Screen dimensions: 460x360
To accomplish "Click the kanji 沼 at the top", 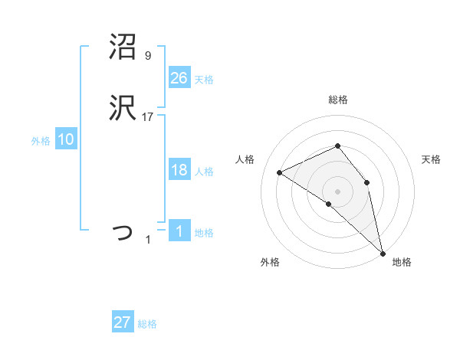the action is (x=122, y=47).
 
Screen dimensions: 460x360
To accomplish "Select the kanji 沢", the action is (x=122, y=110).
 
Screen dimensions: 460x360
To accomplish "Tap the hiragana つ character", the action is (x=123, y=231).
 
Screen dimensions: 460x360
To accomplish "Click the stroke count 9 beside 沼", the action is (x=147, y=56).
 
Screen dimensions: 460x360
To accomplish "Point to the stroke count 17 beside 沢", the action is (x=148, y=117).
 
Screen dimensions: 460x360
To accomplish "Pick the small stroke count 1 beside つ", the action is (x=148, y=240).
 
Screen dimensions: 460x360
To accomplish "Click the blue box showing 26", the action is (x=179, y=77).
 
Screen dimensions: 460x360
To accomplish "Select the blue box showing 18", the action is (x=179, y=170).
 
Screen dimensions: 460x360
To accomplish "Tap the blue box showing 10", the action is (x=65, y=139).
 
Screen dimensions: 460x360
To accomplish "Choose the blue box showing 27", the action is (x=122, y=322).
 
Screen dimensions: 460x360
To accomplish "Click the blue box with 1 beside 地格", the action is (x=179, y=231).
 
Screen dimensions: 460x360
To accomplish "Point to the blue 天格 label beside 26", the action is (x=204, y=79).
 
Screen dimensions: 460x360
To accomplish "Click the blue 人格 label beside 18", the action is (x=204, y=172).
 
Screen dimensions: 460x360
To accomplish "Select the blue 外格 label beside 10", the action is (x=41, y=141).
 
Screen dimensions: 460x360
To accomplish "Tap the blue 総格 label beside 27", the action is (x=147, y=324).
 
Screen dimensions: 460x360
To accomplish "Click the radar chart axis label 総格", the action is (x=338, y=100).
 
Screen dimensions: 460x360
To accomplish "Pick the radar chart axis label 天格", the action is (x=431, y=159).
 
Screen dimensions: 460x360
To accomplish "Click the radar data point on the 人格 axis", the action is (x=280, y=172).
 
